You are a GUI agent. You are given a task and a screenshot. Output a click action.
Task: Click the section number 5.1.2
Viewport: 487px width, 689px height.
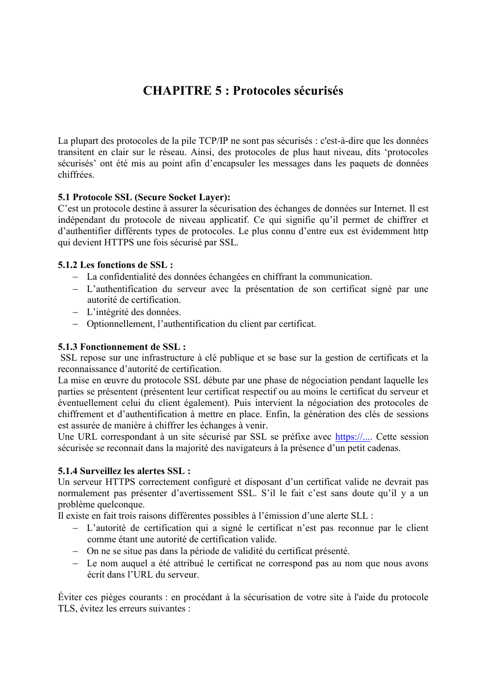point(68,265)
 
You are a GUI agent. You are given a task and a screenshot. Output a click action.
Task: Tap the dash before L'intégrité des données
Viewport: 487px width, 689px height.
point(76,312)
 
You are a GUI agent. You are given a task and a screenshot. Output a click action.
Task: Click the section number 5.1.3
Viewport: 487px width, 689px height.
point(68,347)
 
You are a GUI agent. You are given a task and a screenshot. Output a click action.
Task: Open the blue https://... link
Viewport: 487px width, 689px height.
point(353,437)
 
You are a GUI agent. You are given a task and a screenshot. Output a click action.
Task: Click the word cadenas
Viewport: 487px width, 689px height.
point(384,448)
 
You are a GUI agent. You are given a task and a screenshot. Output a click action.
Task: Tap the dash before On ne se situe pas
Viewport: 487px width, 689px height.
point(76,551)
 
